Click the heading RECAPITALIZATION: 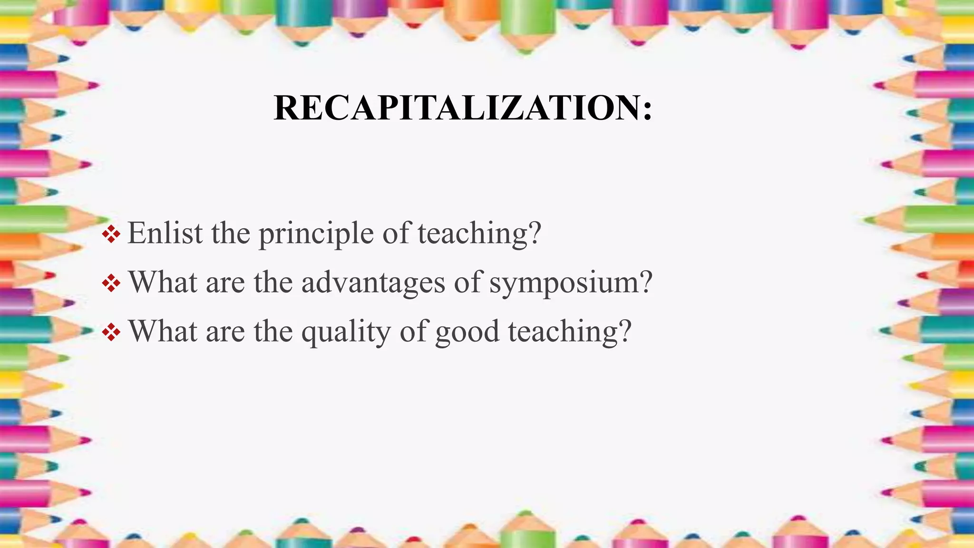[x=463, y=108]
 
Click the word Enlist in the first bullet [x=165, y=233]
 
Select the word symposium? [x=571, y=283]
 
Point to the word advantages [x=373, y=283]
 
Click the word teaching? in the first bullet [x=479, y=234]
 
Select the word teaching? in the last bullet [x=570, y=332]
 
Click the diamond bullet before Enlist [x=111, y=234]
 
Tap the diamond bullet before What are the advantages [x=111, y=284]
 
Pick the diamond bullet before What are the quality [x=111, y=333]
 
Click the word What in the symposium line [x=163, y=282]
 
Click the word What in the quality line [x=163, y=331]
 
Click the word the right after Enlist [x=231, y=233]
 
